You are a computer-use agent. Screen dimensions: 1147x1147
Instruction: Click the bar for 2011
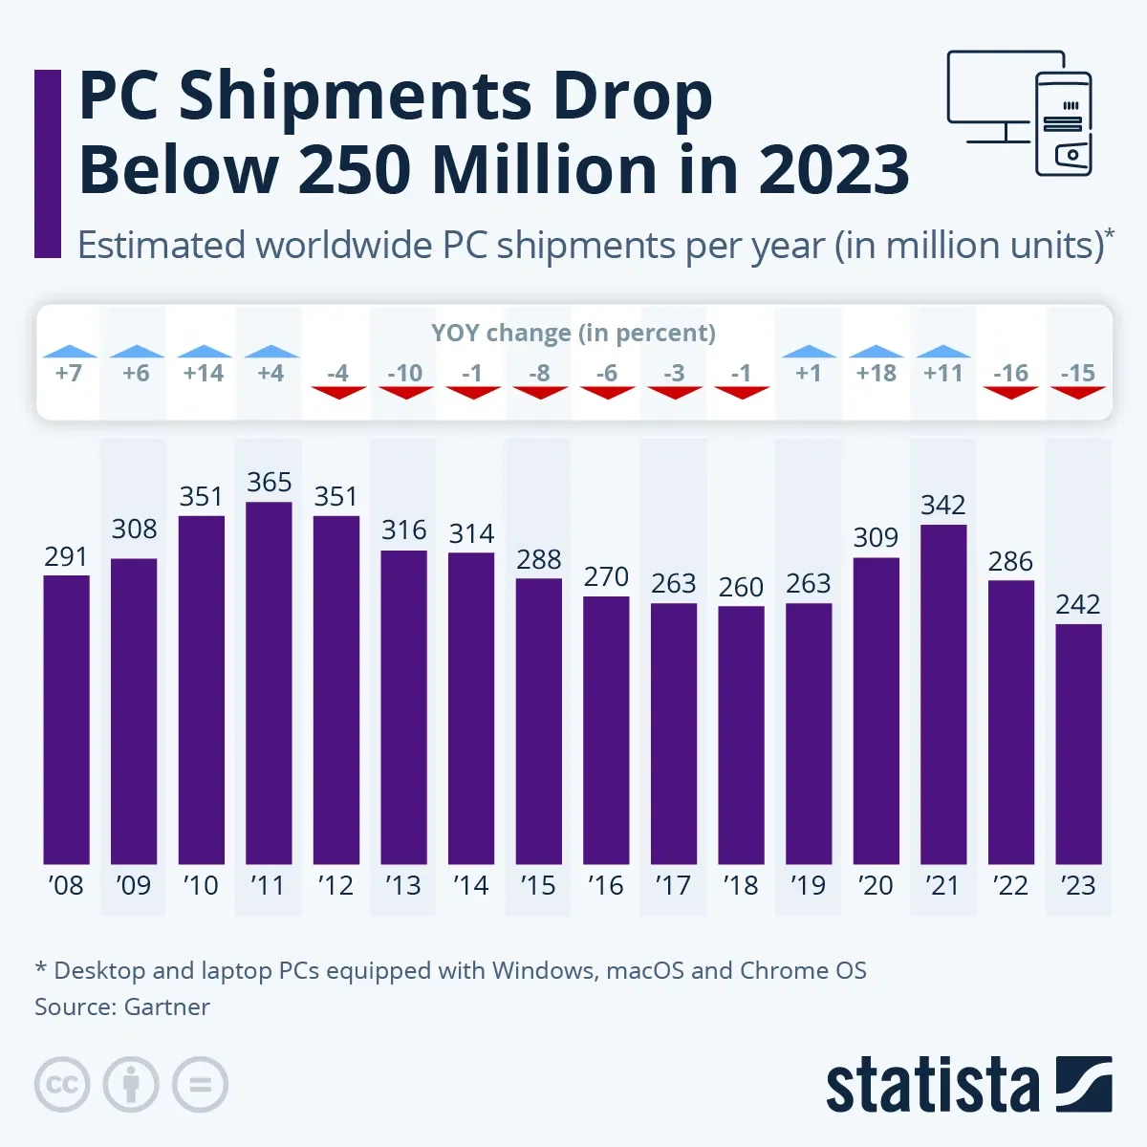[x=269, y=682]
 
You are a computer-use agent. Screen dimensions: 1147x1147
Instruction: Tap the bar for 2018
[x=741, y=735]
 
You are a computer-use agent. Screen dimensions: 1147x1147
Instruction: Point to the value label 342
[x=942, y=505]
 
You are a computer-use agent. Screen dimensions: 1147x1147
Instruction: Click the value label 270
[x=606, y=577]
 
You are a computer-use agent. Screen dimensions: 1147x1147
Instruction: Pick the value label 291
[x=66, y=556]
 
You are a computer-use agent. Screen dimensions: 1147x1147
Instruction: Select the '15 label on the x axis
[x=538, y=886]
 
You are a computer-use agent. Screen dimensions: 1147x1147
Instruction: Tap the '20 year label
[x=876, y=886]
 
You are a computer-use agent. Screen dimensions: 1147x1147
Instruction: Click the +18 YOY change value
[x=876, y=373]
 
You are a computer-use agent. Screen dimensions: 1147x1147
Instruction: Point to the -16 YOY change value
[x=1010, y=373]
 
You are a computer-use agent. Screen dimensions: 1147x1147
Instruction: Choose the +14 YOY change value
[x=203, y=373]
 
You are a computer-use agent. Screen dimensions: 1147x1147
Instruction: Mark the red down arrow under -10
[x=405, y=392]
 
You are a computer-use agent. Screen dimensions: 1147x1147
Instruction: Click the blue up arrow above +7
[x=69, y=352]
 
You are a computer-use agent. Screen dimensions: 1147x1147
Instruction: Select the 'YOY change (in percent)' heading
[x=573, y=333]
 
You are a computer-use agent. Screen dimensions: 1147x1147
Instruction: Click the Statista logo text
[x=932, y=1087]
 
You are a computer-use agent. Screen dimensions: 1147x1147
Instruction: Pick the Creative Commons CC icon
[x=62, y=1085]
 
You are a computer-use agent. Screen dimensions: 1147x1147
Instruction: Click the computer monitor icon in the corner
[x=994, y=96]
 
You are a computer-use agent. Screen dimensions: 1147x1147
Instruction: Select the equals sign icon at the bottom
[x=200, y=1085]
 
